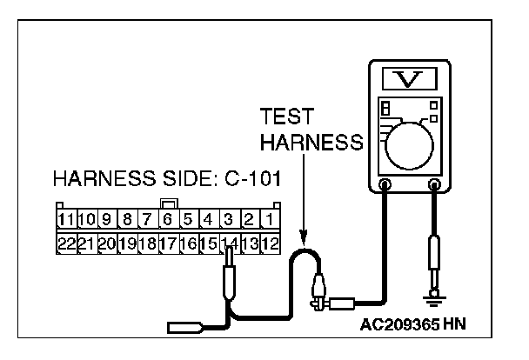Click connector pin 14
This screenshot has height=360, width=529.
[230, 244]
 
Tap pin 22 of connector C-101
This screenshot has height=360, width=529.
[65, 244]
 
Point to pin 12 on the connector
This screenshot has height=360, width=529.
[271, 244]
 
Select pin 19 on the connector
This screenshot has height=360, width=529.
[127, 244]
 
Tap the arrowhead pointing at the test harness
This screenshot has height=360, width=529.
[303, 237]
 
